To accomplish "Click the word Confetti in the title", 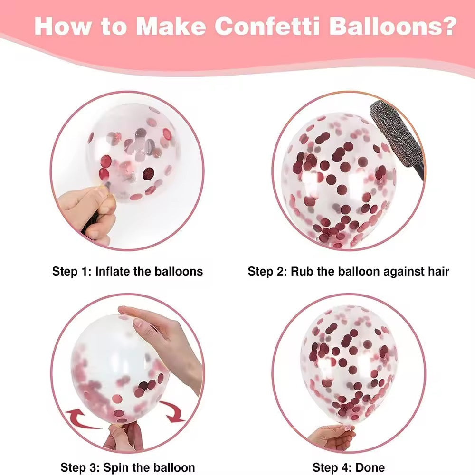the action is click(x=267, y=26).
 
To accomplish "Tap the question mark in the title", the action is click(x=448, y=26).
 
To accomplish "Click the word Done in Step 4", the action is click(x=370, y=467).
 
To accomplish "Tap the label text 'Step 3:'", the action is click(x=80, y=467).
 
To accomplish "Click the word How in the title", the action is click(x=63, y=26).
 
